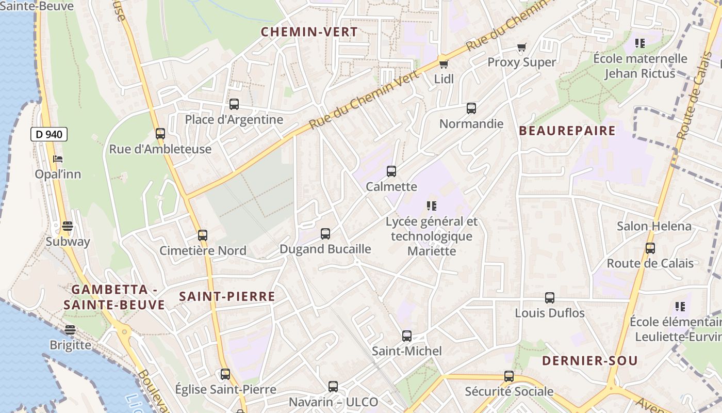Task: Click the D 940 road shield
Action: point(49,135)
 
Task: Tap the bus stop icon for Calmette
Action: point(391,171)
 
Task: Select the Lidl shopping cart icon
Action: point(444,64)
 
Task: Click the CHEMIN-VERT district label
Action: point(309,32)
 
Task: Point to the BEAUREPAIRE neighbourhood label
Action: point(567,131)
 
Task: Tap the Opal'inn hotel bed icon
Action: point(58,158)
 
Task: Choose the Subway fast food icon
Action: point(68,226)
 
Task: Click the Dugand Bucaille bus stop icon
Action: point(325,234)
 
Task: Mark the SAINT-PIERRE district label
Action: point(227,296)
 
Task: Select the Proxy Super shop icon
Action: point(521,47)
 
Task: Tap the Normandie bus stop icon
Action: point(471,108)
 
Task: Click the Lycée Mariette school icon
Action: point(432,206)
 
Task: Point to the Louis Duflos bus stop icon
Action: point(550,298)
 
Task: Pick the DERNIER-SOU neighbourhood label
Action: point(589,361)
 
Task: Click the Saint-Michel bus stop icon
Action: point(407,336)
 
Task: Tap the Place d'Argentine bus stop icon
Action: point(234,104)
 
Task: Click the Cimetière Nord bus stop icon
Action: point(203,235)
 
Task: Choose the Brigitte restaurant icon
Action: point(70,330)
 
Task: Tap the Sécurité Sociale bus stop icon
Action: point(509,376)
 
